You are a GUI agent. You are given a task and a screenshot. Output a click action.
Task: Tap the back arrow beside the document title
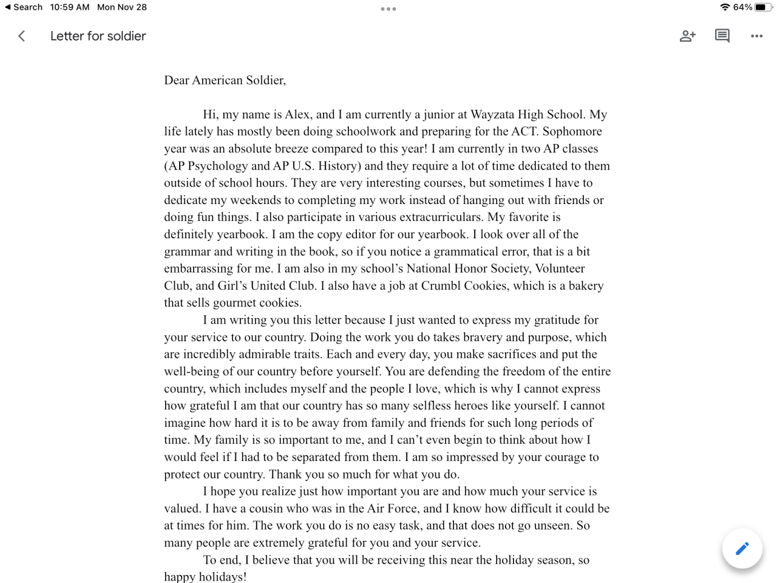(22, 36)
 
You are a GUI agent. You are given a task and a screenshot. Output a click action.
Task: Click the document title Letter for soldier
(98, 36)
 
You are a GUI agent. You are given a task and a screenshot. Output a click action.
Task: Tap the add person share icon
(687, 36)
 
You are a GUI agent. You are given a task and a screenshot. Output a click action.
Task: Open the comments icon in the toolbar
(722, 36)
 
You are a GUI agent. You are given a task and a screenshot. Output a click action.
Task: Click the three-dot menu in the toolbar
(756, 36)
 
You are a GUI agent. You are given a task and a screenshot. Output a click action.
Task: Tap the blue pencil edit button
(742, 548)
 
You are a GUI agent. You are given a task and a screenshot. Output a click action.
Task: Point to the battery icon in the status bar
(763, 7)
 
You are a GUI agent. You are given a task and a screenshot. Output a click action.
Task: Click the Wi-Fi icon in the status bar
(725, 7)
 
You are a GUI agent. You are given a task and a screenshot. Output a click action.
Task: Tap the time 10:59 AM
(70, 7)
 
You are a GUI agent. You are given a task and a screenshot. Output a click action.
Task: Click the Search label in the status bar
(27, 7)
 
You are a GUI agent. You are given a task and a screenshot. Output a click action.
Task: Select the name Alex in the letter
(297, 115)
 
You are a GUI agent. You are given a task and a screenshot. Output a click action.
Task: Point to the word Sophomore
(572, 132)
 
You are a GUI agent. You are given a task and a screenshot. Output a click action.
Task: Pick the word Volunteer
(560, 268)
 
